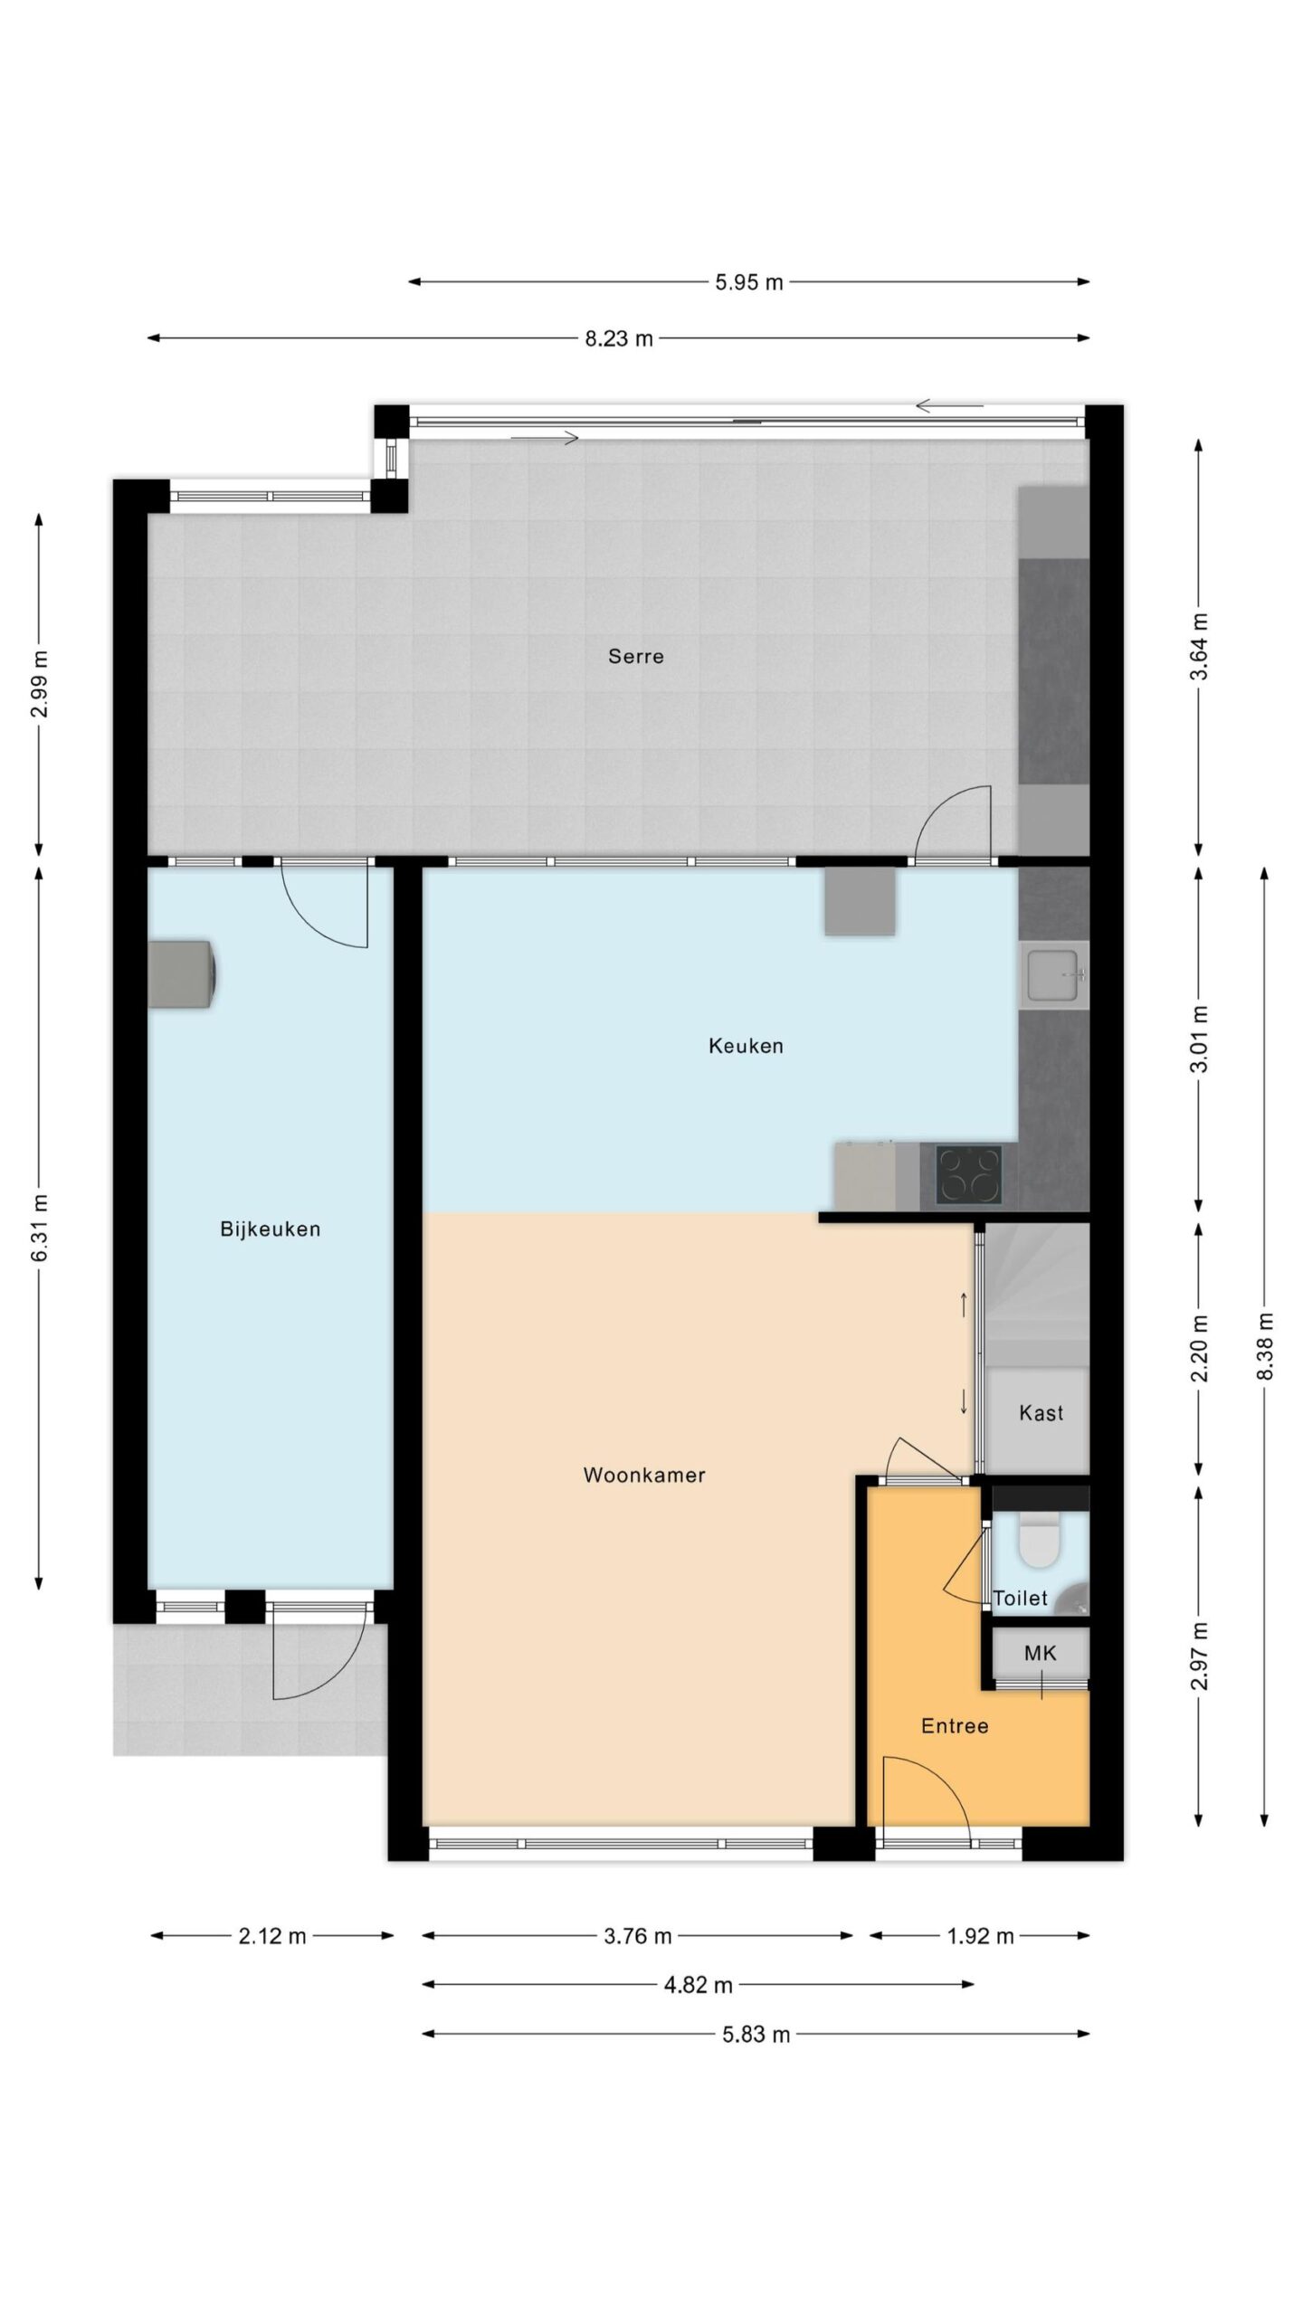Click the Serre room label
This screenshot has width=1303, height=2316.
[x=635, y=656]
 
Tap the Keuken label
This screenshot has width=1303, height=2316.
[x=746, y=1046]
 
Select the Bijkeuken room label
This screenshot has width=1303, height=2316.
[x=271, y=1229]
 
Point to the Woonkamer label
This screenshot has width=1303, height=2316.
[x=644, y=1475]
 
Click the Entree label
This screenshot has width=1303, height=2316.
[x=955, y=1725]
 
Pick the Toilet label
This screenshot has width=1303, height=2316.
[x=1021, y=1598]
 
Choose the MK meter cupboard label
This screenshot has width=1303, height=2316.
[x=1040, y=1653]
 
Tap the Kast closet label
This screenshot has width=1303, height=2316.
[x=1041, y=1412]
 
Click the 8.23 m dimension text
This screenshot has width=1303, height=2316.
[x=619, y=338]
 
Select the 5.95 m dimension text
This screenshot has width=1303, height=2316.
[x=749, y=281]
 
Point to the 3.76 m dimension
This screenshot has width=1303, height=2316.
[x=638, y=1936]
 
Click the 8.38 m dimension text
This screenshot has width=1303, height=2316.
[x=1264, y=1345]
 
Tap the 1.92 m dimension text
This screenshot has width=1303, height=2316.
[x=980, y=1936]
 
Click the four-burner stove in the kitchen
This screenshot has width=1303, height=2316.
[x=969, y=1174]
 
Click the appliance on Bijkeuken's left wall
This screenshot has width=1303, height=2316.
[x=182, y=973]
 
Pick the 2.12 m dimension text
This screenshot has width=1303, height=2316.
[x=271, y=1936]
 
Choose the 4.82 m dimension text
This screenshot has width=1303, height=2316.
[x=698, y=1985]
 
